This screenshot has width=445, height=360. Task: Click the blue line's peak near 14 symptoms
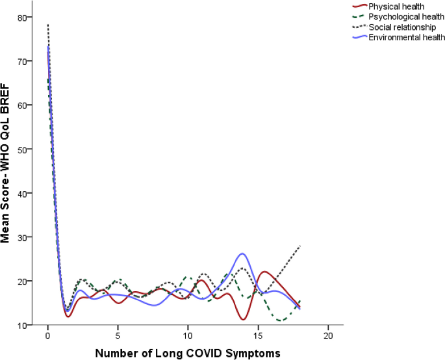tap(242, 253)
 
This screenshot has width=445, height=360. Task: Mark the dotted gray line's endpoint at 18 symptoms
tap(300, 246)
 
